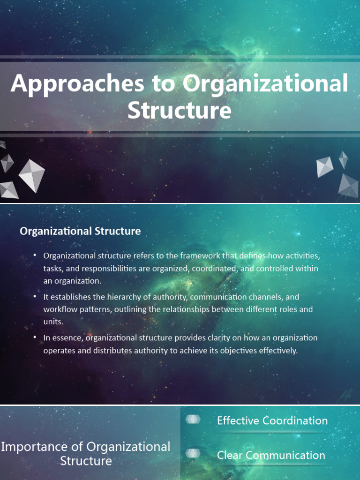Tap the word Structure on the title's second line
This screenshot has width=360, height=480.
(180, 110)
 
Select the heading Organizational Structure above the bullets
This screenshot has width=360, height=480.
(80, 231)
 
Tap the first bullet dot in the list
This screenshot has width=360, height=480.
(35, 255)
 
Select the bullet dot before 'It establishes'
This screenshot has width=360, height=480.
(35, 296)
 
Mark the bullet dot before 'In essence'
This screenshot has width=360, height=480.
(35, 337)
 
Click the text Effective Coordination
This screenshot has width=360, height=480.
(272, 420)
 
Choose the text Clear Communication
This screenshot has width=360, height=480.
(271, 455)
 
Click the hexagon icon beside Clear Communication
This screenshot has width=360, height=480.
(193, 453)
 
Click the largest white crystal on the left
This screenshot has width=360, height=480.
(32, 176)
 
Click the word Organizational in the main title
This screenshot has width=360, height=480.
(265, 83)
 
